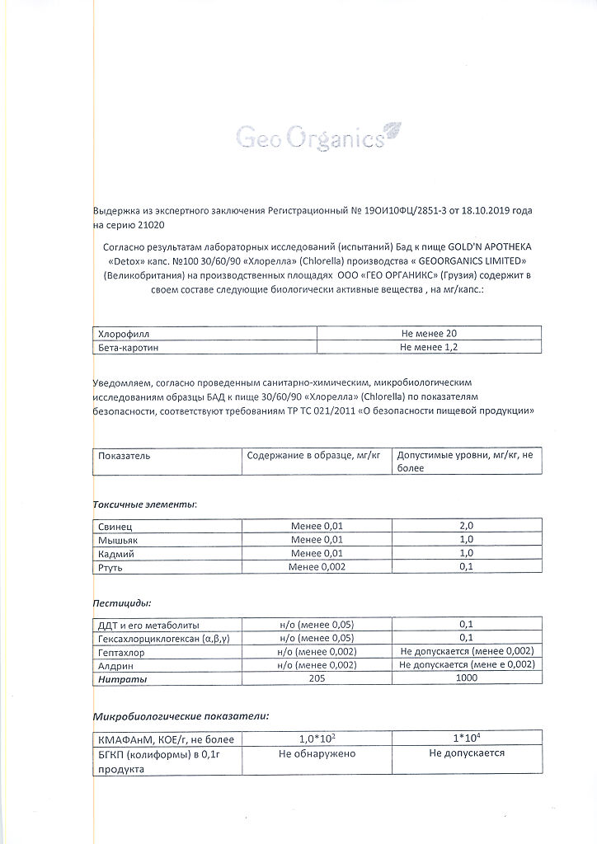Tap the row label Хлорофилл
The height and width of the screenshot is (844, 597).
pyautogui.click(x=124, y=334)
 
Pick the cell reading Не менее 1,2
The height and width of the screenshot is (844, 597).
pyautogui.click(x=428, y=348)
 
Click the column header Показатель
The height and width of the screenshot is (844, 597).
pyautogui.click(x=125, y=455)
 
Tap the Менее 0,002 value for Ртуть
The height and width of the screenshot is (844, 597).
pyautogui.click(x=317, y=567)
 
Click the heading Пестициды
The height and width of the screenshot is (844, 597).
pyautogui.click(x=122, y=603)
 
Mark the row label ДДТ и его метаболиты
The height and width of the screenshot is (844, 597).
pyautogui.click(x=148, y=625)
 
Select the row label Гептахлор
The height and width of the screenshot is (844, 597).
pyautogui.click(x=121, y=652)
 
